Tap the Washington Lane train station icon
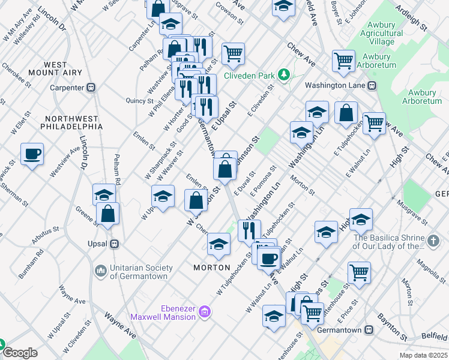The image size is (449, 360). [372, 86]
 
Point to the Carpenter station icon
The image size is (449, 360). [91, 88]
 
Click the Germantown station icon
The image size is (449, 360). [369, 330]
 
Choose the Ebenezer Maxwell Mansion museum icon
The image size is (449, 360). [205, 312]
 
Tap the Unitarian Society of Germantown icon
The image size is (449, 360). [100, 272]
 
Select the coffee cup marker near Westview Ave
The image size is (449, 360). [32, 154]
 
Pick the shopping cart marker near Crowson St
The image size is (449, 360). [233, 53]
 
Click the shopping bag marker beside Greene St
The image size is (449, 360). [107, 214]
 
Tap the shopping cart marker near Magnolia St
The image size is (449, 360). [359, 272]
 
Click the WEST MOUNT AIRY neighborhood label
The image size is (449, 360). [63, 68]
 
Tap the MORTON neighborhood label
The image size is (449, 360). [212, 267]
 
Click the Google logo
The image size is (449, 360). [20, 353]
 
